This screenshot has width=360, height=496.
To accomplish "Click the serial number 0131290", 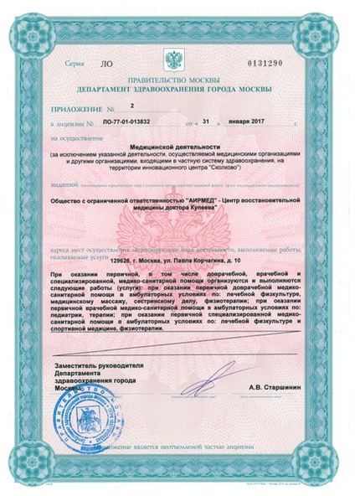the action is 290,63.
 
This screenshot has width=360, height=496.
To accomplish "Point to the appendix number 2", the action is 132,106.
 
